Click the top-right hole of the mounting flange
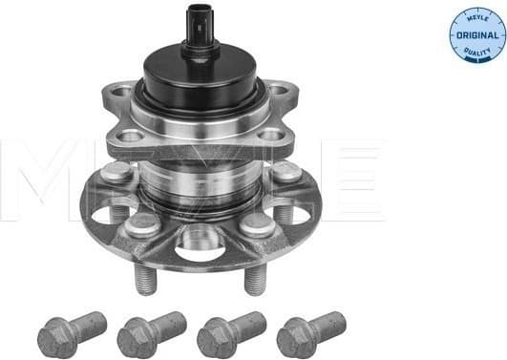pyautogui.click(x=278, y=93)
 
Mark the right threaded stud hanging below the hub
pyautogui.click(x=253, y=280)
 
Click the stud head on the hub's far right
pyautogui.click(x=286, y=172)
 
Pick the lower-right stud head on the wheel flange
pyautogui.click(x=256, y=224)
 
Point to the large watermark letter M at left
pyautogui.click(x=43, y=181)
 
